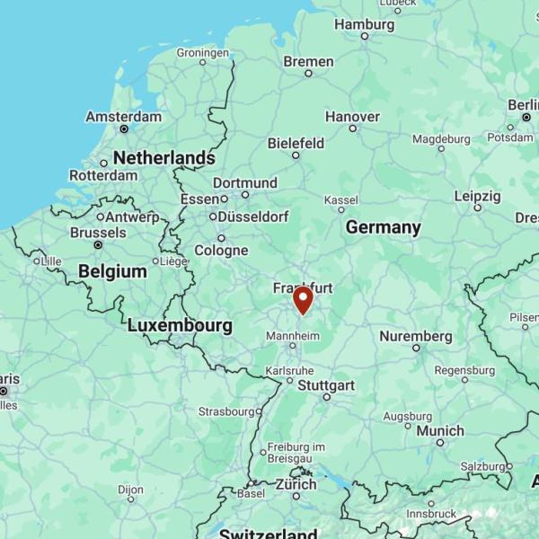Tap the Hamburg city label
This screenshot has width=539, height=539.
tap(364, 24)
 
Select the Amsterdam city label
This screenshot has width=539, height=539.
tap(124, 117)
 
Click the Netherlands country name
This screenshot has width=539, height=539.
tap(163, 158)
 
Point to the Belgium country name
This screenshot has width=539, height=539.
tap(112, 271)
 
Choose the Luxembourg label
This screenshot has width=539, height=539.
tap(180, 325)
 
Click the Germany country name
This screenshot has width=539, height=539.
tap(384, 227)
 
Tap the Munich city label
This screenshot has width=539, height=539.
tap(439, 431)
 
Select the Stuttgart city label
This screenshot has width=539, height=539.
tap(325, 385)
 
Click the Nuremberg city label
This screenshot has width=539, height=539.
tap(415, 336)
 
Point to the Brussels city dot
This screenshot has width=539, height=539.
tap(98, 244)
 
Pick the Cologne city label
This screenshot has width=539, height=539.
tap(221, 251)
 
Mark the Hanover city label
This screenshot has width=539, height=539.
tap(352, 117)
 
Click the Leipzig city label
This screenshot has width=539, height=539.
tap(477, 196)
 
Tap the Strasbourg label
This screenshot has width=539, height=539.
tap(226, 411)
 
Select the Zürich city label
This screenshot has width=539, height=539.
tap(296, 484)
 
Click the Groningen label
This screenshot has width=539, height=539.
tap(203, 52)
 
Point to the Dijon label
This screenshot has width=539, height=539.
tap(130, 490)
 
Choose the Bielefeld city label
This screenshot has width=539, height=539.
tap(296, 143)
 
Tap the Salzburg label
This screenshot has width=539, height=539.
tap(482, 466)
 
